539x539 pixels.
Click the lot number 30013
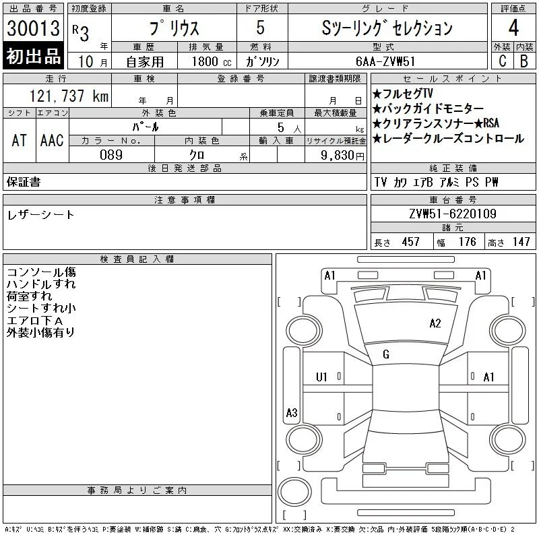point(33,28)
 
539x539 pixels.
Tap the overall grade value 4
point(513,28)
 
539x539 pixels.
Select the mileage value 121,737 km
point(69,96)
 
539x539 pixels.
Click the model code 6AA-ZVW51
point(385,61)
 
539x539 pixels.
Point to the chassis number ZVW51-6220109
point(453,214)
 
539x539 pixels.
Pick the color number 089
point(111,155)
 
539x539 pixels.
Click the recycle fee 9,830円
point(342,155)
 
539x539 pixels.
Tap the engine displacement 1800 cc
point(212,61)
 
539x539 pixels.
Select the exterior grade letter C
point(503,61)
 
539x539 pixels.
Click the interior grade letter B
point(524,61)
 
